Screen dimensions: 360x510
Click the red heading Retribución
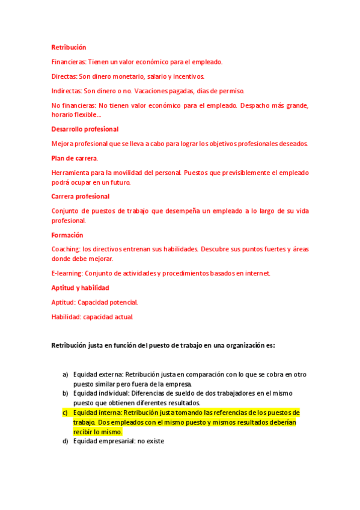point(69,47)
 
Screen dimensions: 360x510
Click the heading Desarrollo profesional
point(85,129)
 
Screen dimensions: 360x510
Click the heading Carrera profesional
point(80,196)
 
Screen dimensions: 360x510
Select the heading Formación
point(67,235)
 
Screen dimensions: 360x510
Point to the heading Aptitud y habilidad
point(80,287)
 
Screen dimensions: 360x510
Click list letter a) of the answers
point(65,374)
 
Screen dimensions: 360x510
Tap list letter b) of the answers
point(65,393)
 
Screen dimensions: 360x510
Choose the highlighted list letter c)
point(65,413)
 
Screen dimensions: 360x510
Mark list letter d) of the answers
point(65,441)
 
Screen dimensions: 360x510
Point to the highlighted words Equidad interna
point(97,413)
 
